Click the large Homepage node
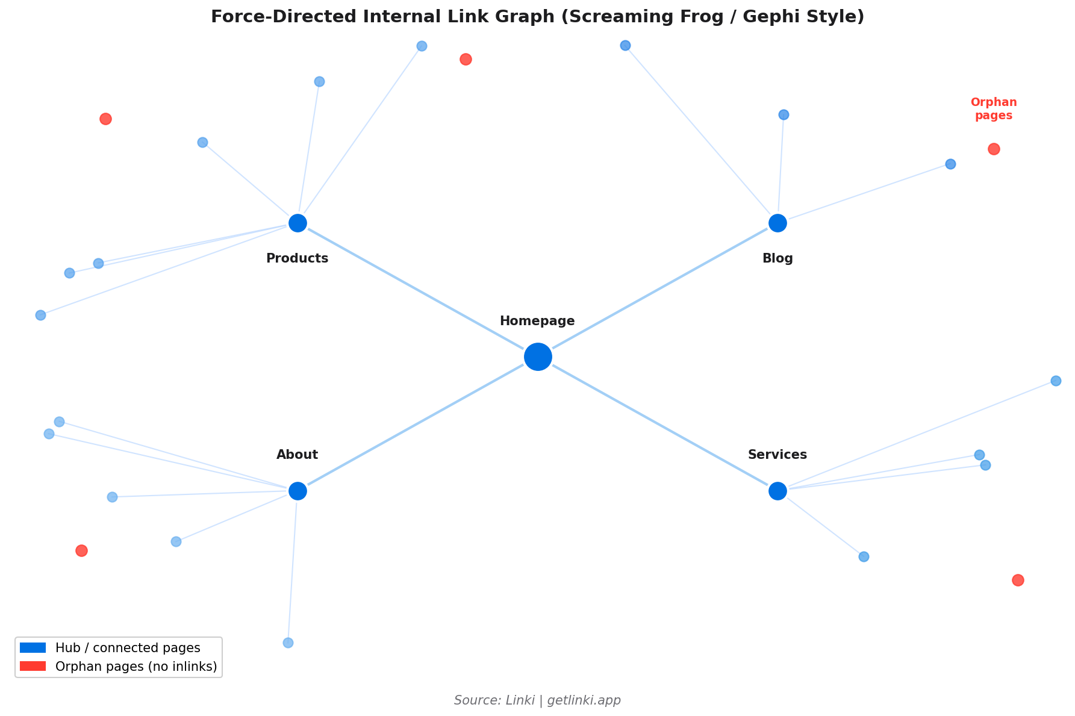pos(538,357)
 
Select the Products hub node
pos(298,223)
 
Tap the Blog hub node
pos(777,223)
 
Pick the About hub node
pos(298,491)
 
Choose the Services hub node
pos(777,491)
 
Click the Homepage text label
pos(537,321)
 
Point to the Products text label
pos(297,258)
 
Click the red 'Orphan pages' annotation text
pos(994,109)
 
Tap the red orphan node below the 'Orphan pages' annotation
pos(994,149)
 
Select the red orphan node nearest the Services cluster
pos(1018,580)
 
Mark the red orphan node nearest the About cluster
pos(81,550)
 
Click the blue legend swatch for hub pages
pos(33,648)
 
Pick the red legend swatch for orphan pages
pos(33,666)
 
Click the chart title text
pos(537,17)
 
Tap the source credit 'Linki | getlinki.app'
pos(537,700)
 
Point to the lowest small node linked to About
pos(288,643)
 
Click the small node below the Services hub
pos(864,556)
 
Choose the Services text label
pos(777,455)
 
